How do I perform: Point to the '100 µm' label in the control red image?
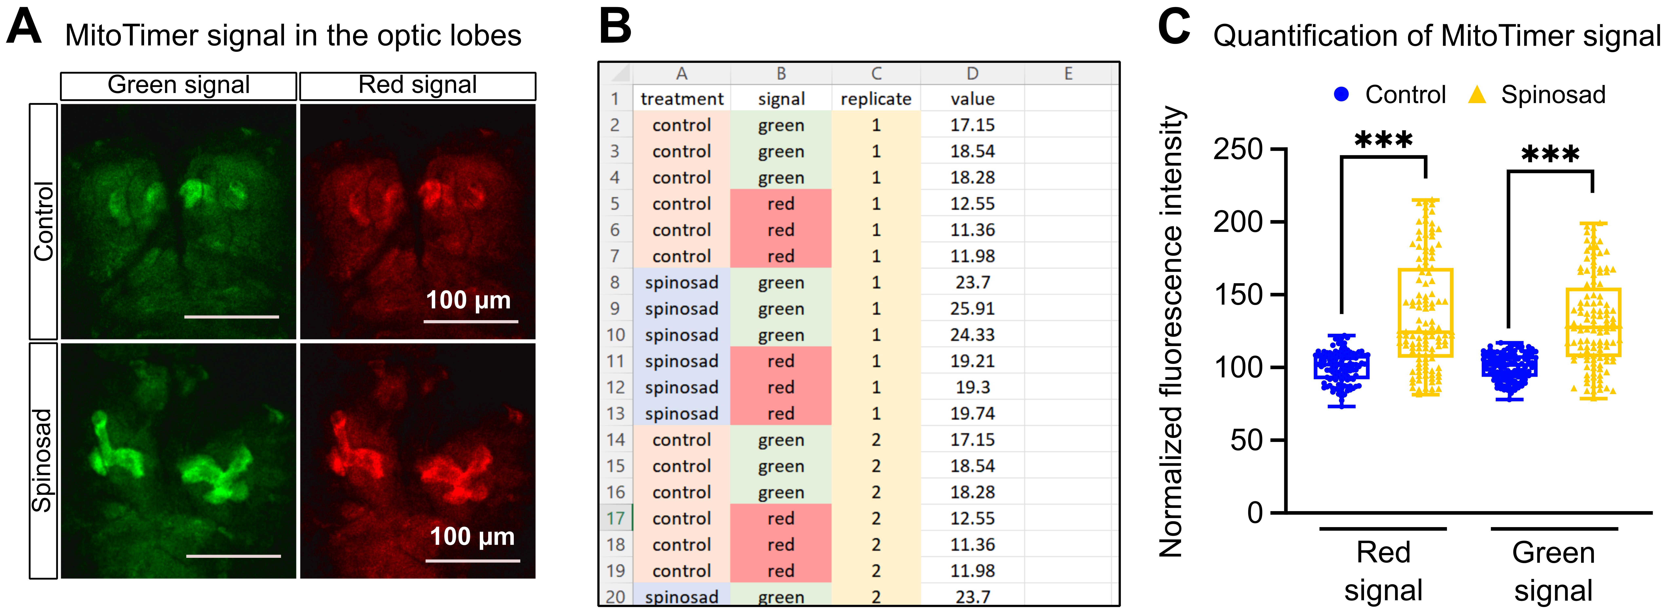point(468,300)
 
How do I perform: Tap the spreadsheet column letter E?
point(1068,74)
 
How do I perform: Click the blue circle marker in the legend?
point(1341,94)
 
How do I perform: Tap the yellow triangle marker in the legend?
point(1477,94)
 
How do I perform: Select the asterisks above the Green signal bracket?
point(1550,154)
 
